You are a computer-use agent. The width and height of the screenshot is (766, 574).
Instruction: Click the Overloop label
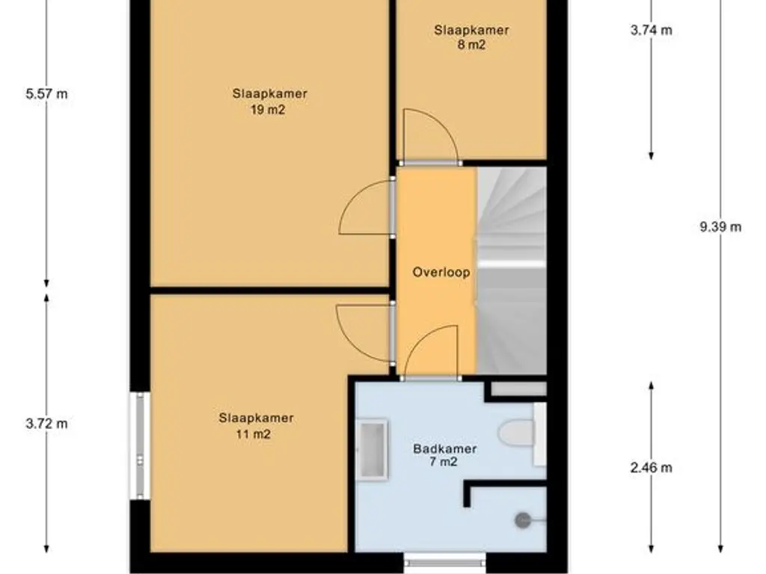pyautogui.click(x=441, y=272)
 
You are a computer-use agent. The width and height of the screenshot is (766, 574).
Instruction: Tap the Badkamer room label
pyautogui.click(x=444, y=448)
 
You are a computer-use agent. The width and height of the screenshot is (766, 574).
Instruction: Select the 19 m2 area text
pyautogui.click(x=268, y=110)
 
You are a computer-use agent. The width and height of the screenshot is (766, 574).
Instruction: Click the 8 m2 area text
pyautogui.click(x=471, y=46)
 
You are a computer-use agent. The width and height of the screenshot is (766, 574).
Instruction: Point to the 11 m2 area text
pyautogui.click(x=253, y=434)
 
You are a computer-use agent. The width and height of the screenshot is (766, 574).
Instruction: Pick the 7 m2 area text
pyautogui.click(x=444, y=462)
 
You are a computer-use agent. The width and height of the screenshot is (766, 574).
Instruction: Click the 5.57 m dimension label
pyautogui.click(x=47, y=93)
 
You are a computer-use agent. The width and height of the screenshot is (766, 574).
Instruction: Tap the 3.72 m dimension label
pyautogui.click(x=47, y=424)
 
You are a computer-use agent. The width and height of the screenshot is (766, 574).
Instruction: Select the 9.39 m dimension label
pyautogui.click(x=720, y=227)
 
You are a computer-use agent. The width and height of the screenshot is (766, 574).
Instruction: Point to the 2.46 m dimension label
pyautogui.click(x=652, y=468)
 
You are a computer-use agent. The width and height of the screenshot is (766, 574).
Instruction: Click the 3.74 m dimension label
pyautogui.click(x=652, y=30)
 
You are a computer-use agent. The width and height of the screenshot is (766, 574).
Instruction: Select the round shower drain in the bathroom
pyautogui.click(x=523, y=520)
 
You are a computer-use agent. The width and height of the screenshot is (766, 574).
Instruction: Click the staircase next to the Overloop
pyautogui.click(x=511, y=271)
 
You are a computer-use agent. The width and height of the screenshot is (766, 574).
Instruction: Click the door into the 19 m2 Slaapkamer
pyautogui.click(x=367, y=208)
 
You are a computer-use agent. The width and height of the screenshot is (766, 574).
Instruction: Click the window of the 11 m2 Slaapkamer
pyautogui.click(x=140, y=445)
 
